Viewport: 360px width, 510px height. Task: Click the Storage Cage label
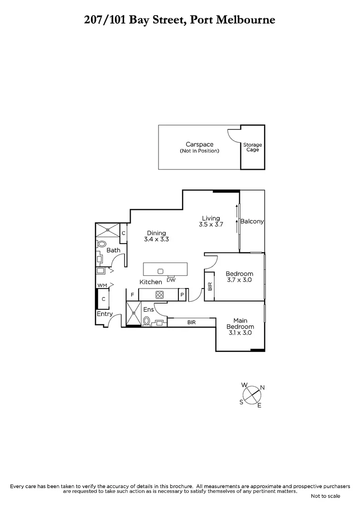click(x=252, y=147)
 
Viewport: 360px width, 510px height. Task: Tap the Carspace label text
click(x=200, y=144)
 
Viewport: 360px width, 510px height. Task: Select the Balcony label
click(x=252, y=221)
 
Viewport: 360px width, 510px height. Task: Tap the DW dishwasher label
click(x=171, y=280)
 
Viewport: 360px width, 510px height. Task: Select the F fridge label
click(x=133, y=295)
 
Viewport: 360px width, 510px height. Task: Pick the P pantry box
click(x=182, y=295)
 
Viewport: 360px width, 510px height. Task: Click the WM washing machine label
click(x=101, y=286)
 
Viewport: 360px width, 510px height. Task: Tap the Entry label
click(x=104, y=314)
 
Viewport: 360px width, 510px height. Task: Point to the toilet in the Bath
click(x=101, y=244)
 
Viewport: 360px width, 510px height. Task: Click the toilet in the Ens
click(x=146, y=322)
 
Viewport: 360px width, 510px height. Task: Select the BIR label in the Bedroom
click(x=210, y=286)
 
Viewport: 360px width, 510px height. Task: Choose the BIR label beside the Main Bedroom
click(x=191, y=323)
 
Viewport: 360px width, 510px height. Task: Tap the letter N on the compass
click(x=262, y=388)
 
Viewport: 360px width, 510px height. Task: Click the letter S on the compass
click(x=241, y=402)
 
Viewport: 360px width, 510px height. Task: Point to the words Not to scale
click(x=326, y=496)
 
